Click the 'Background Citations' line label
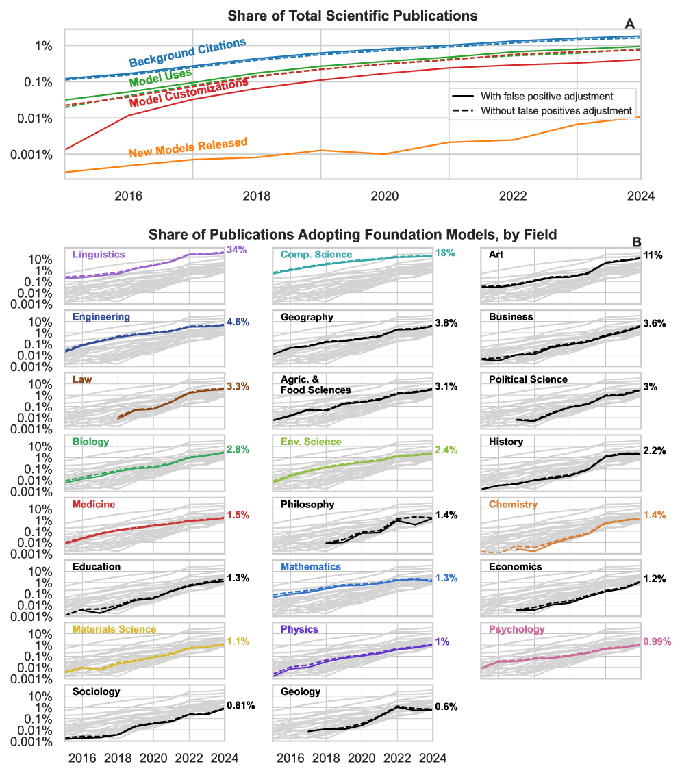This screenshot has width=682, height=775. (187, 53)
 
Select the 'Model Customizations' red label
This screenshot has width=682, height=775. (188, 93)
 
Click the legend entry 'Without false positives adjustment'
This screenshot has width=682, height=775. (556, 110)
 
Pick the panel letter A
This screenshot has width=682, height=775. (630, 24)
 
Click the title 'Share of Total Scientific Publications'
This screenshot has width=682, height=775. (352, 15)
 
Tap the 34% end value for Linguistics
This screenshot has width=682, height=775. (236, 251)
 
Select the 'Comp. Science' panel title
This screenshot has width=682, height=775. (316, 255)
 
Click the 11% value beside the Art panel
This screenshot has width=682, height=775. (653, 255)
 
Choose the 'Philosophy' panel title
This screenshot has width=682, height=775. (307, 505)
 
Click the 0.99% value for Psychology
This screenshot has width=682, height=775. (657, 642)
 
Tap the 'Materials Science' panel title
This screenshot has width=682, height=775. (114, 629)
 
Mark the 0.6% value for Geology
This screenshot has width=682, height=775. (446, 707)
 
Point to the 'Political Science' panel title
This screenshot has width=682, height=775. (528, 379)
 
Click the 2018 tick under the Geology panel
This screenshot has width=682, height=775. (326, 758)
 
